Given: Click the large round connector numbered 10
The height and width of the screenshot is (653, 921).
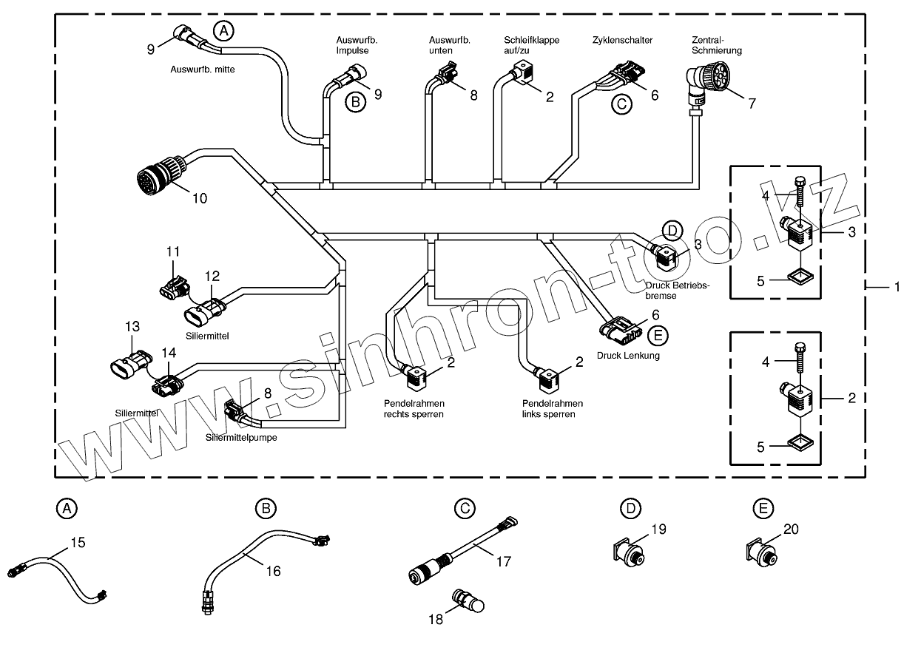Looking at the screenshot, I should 155,178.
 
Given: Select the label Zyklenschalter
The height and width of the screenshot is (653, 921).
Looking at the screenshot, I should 622,40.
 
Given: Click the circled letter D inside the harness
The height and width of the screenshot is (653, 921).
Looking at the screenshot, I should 672,231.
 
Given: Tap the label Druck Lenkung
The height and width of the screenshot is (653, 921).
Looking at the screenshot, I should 628,356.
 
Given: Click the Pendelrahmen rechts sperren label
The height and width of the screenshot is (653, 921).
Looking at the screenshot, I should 414,409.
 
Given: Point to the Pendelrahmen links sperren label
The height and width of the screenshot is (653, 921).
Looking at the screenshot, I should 552,409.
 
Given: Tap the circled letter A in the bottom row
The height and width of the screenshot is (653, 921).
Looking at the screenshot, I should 67,509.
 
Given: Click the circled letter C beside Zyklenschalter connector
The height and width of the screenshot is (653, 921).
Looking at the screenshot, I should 621,104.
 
